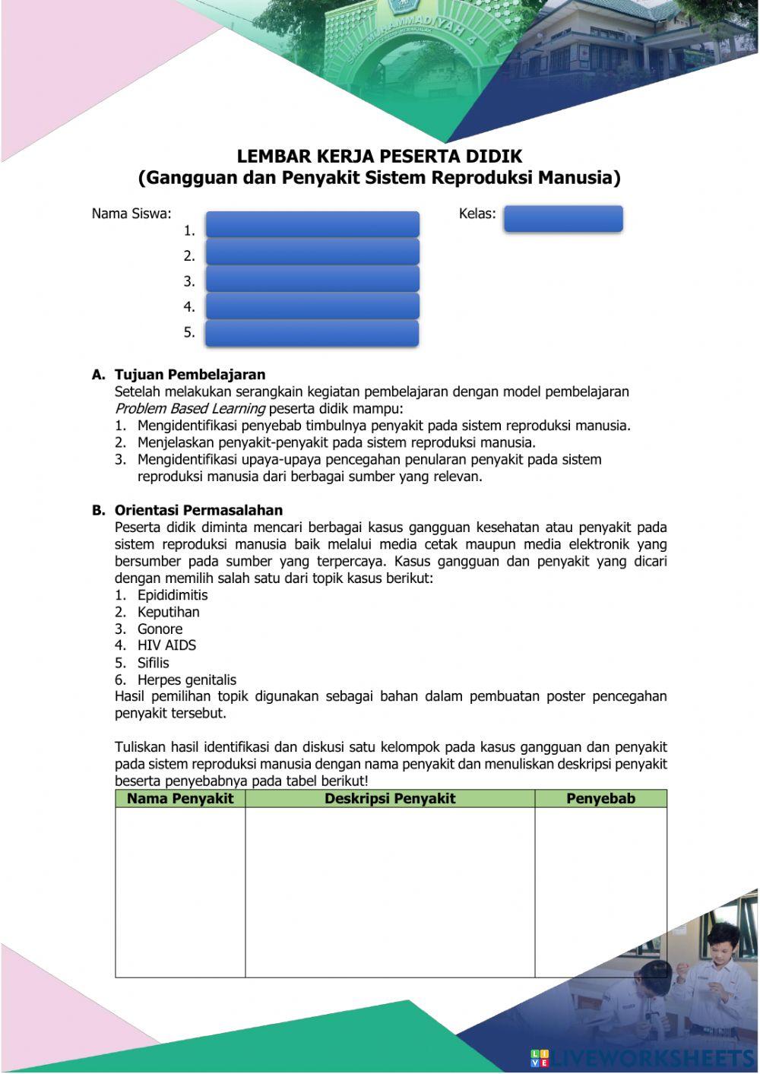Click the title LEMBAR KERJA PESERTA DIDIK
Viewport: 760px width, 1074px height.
(x=379, y=157)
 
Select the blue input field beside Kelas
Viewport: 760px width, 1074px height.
(x=563, y=219)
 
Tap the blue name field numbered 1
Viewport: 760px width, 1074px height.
(x=312, y=225)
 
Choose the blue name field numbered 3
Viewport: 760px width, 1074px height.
(x=312, y=279)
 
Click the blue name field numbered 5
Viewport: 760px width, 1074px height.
(x=312, y=333)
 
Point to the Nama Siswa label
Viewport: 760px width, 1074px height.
(x=131, y=214)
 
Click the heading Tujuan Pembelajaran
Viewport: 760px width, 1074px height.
(x=190, y=375)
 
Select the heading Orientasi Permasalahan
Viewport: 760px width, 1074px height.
(x=198, y=510)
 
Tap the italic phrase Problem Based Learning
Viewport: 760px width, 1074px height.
(x=190, y=409)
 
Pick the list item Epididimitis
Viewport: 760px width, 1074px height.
(x=173, y=595)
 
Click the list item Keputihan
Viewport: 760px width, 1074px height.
(x=168, y=612)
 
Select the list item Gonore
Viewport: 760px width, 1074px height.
(x=160, y=629)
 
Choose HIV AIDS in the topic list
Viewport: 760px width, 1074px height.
(x=166, y=645)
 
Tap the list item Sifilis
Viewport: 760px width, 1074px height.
(x=153, y=662)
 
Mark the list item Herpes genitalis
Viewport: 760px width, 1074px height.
(x=186, y=680)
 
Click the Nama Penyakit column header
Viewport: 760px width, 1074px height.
(x=180, y=798)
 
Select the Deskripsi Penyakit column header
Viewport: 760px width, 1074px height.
(x=390, y=798)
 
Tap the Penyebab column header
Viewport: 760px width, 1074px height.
(x=600, y=798)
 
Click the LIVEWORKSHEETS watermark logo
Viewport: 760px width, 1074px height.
(x=642, y=1057)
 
